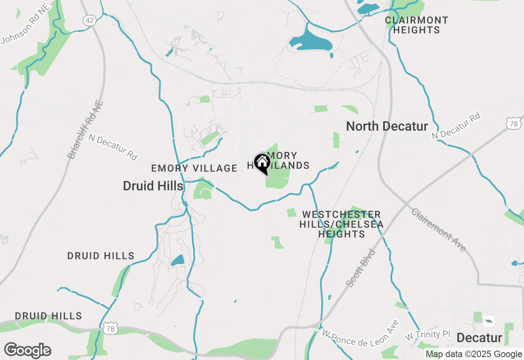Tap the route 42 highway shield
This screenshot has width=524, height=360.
pos(89,20)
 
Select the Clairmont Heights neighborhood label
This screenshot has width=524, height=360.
pos(417,25)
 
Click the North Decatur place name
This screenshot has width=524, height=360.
pos(387,126)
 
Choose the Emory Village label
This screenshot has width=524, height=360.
pos(194,168)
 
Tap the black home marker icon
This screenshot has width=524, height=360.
pos(262,163)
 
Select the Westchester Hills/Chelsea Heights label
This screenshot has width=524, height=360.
pos(341,224)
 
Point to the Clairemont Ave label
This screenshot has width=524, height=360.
pos(438,230)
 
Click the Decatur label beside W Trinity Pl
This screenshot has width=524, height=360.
pos(479,338)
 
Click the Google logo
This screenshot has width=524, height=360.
pos(28,350)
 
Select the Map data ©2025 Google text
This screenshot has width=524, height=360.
pos(474,354)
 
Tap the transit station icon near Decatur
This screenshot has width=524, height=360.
pos(488,321)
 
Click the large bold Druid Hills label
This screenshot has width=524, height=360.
pos(153,186)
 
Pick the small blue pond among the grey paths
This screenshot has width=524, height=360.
pos(178,260)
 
